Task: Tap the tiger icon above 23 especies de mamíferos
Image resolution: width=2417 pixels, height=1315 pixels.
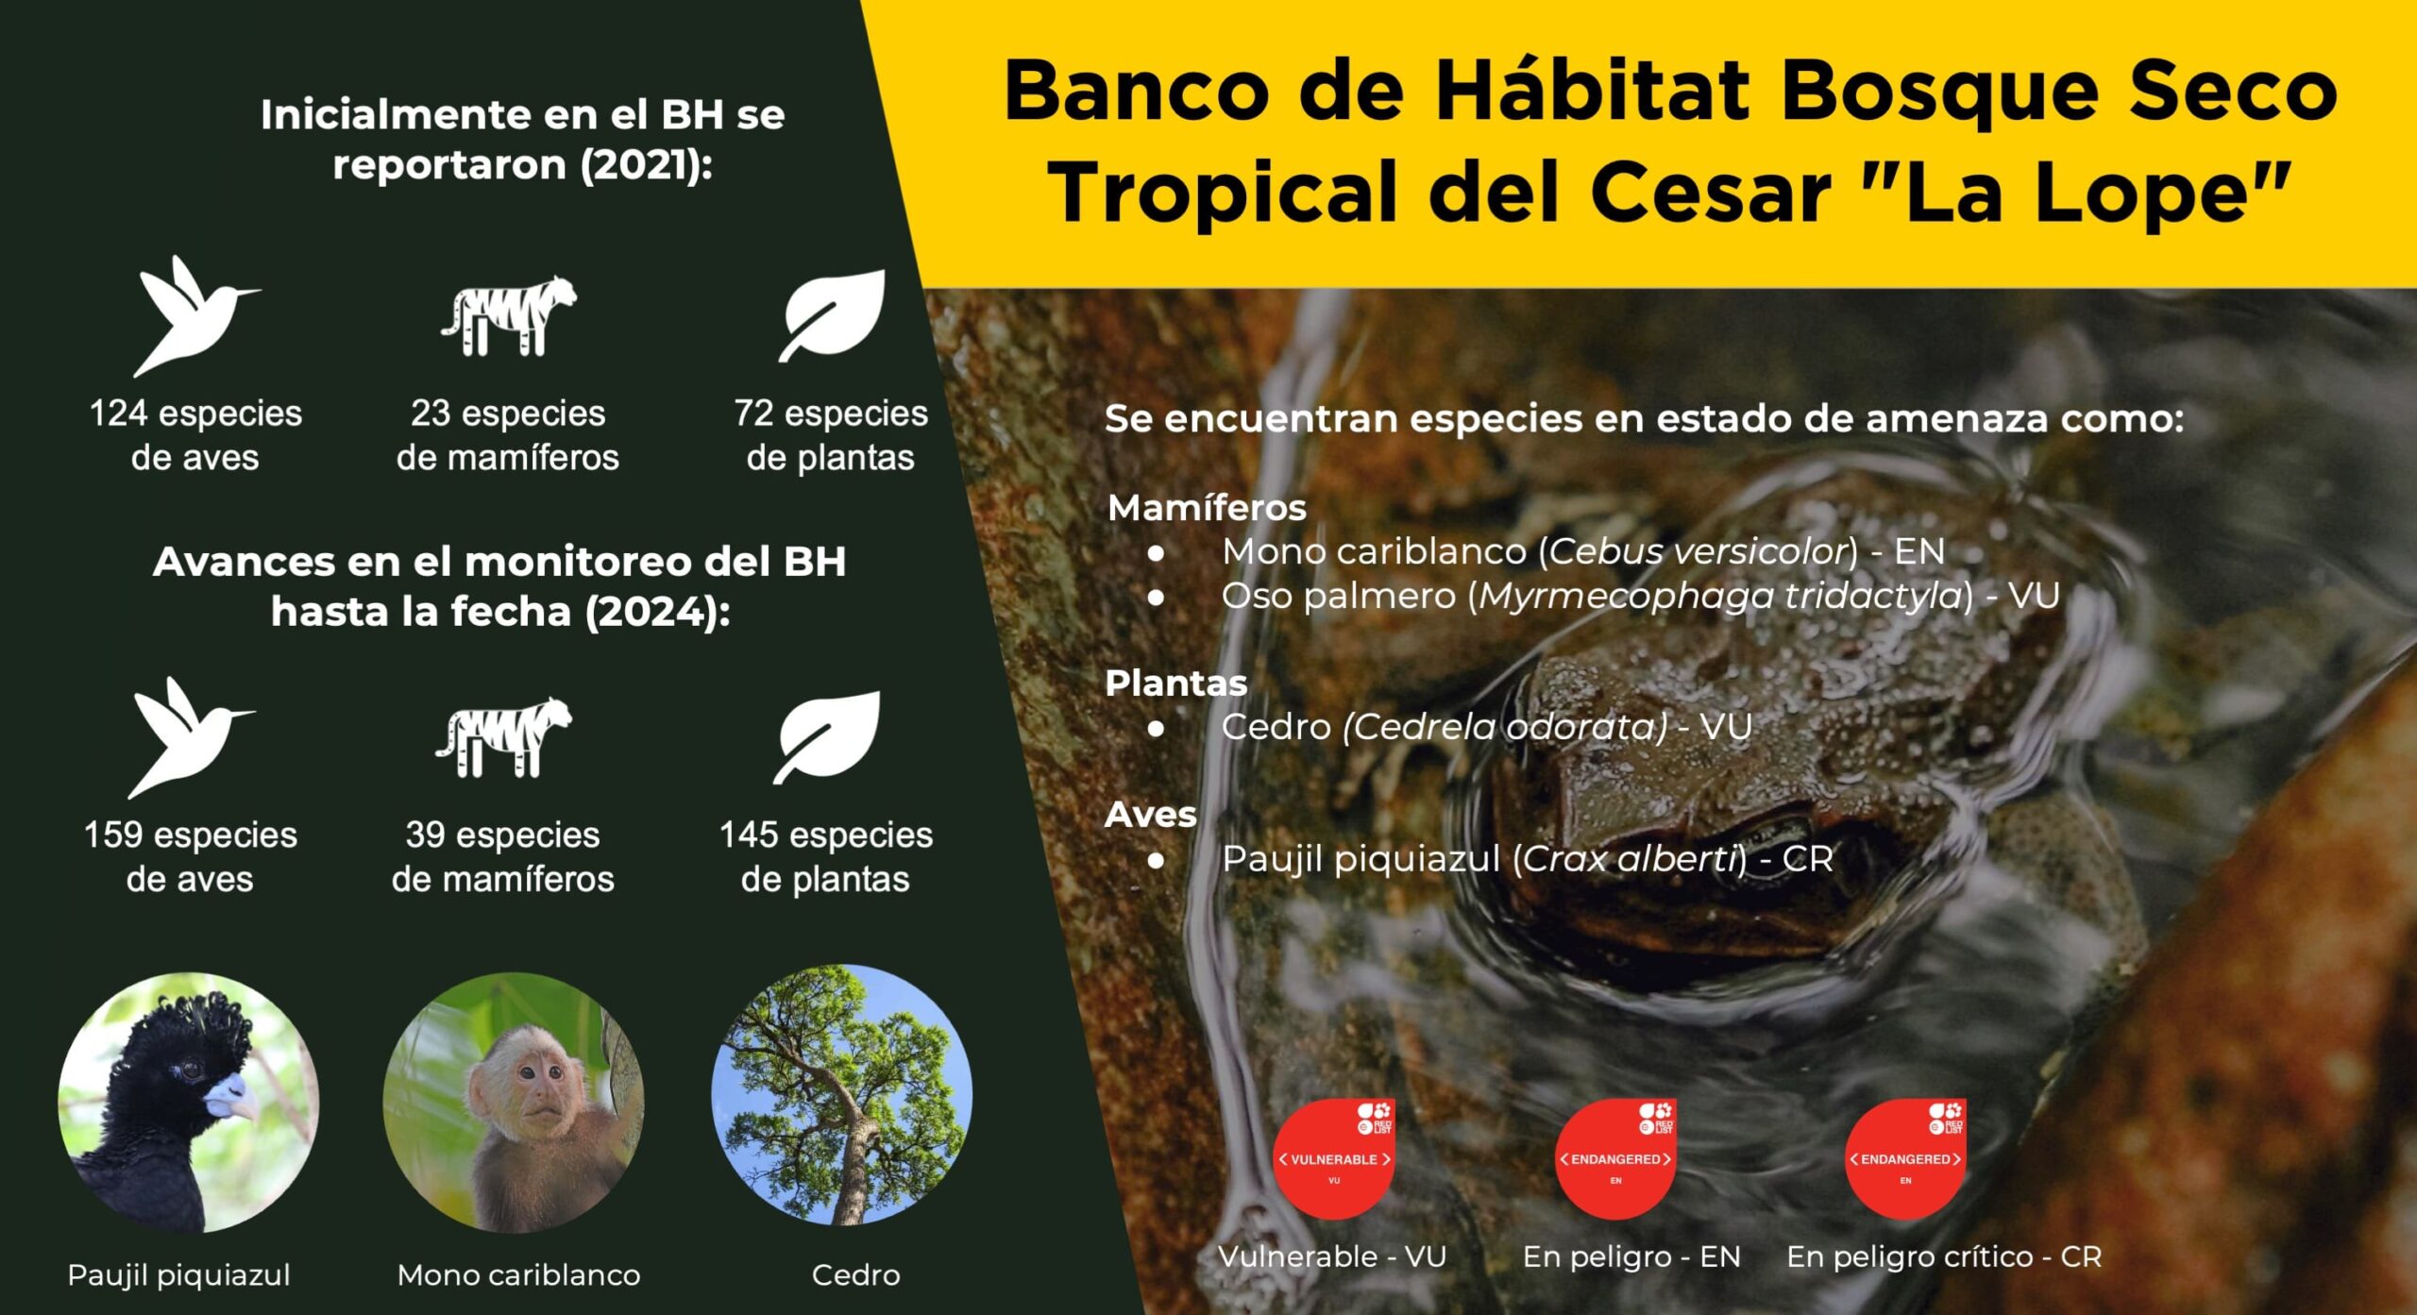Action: coord(508,315)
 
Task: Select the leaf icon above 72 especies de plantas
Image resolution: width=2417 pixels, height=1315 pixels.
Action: coord(832,315)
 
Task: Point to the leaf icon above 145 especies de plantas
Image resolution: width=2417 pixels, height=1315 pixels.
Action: coord(826,737)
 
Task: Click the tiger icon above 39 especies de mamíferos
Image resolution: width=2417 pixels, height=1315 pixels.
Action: coord(503,737)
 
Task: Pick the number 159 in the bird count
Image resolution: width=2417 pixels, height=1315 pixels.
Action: coord(113,835)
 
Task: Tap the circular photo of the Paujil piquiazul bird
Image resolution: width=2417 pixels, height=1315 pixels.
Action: coord(188,1103)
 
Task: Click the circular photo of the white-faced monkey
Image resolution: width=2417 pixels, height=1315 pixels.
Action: coord(514,1103)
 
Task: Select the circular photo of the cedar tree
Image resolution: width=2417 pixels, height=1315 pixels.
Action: coord(841,1094)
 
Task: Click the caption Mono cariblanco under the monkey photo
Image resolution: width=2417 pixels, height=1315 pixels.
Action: coord(518,1275)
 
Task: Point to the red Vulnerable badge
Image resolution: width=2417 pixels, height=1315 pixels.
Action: coord(1333,1158)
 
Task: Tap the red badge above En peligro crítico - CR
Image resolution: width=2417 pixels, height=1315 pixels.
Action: coord(1904,1158)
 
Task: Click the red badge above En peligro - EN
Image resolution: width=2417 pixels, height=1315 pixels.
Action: coord(1615,1158)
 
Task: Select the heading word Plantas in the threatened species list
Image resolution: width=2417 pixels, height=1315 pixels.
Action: coord(1175,683)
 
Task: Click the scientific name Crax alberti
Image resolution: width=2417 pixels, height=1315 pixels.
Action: coord(1630,858)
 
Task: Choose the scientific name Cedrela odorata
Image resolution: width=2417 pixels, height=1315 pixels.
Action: coord(1506,727)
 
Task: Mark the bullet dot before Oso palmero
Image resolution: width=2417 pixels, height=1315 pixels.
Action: coord(1156,597)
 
